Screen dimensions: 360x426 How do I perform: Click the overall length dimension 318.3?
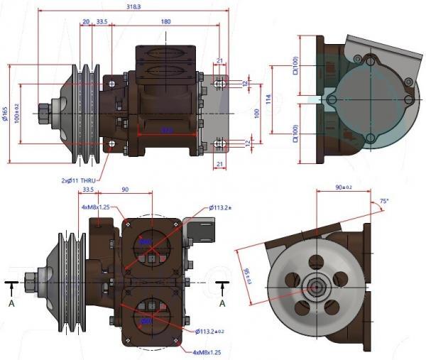click(x=133, y=6)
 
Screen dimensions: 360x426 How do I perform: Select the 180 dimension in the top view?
click(x=165, y=21)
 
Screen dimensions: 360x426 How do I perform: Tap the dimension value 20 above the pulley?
click(x=86, y=21)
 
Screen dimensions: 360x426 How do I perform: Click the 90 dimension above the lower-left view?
click(x=125, y=190)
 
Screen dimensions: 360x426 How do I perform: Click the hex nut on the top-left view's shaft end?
click(x=44, y=112)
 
